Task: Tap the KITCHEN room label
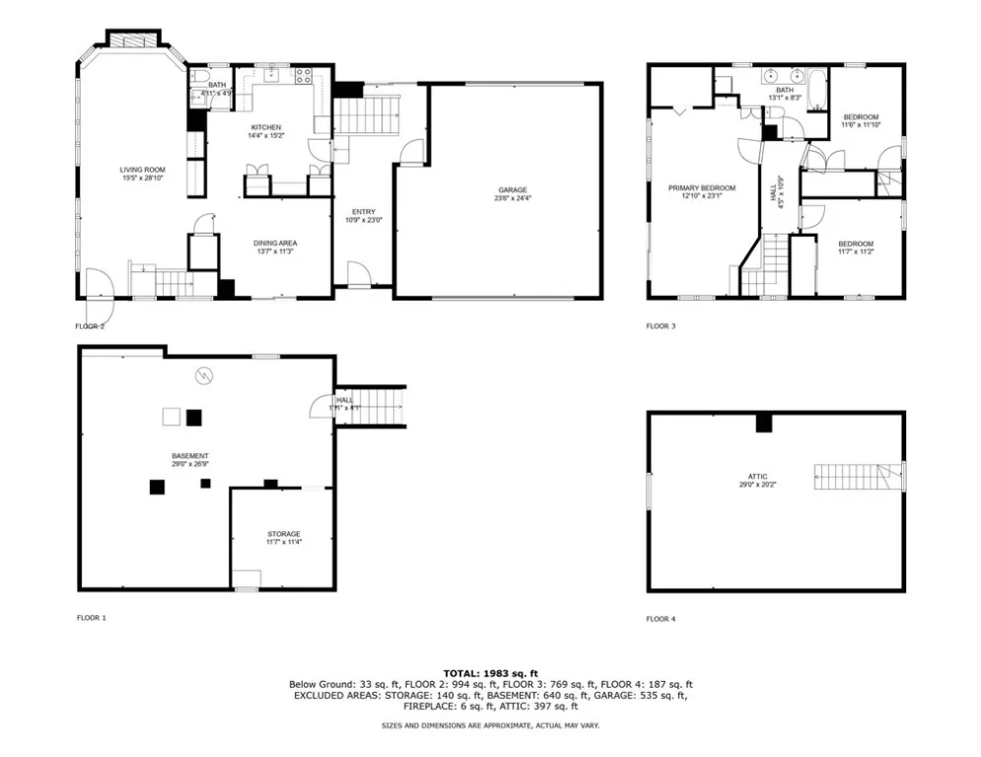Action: coord(265,127)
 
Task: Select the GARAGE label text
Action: coord(512,189)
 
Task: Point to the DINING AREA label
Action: coord(275,242)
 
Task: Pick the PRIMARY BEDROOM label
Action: coord(702,187)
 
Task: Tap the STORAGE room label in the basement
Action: coord(283,534)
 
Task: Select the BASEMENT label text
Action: coord(189,455)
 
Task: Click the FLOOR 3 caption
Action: coord(661,326)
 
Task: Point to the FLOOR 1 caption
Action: coord(91,618)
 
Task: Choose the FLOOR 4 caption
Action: coord(661,619)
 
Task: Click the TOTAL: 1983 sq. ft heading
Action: coord(490,673)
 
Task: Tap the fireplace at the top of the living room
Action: coord(131,40)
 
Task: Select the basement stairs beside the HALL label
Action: coord(380,405)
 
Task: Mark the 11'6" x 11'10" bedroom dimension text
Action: coord(860,125)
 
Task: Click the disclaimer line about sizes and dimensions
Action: coord(490,725)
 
